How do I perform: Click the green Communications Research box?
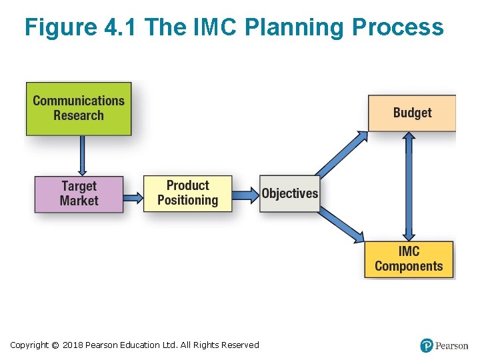pos(79,108)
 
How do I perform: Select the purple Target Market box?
pos(79,193)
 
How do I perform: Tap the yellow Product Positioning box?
pos(187,193)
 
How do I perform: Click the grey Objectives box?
pos(289,193)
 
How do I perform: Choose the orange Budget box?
pos(412,113)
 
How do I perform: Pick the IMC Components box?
pos(409,259)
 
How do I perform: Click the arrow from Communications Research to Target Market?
pos(81,155)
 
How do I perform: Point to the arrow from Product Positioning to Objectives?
pos(245,194)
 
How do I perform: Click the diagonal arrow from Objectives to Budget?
pos(341,154)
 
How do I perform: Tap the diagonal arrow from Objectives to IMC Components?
pos(341,224)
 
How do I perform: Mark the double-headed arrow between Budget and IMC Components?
pos(409,186)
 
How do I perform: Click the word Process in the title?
pos(397,27)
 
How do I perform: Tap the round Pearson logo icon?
pos(427,345)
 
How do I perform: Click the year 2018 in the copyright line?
pos(73,345)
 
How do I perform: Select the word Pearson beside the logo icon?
pos(451,345)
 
